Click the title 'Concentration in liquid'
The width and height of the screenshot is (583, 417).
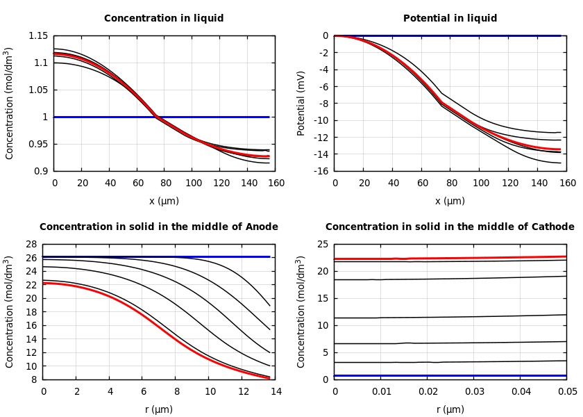tap(164, 19)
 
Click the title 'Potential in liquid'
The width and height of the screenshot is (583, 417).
tap(450, 19)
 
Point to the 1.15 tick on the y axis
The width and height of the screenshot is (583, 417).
tap(39, 35)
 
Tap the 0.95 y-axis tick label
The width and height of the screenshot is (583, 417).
tap(39, 144)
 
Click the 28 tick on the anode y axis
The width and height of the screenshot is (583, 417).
tap(30, 245)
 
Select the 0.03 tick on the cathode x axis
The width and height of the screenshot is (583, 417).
tap(474, 392)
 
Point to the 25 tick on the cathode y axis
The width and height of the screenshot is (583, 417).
tap(322, 245)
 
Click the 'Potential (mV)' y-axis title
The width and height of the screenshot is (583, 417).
tap(301, 103)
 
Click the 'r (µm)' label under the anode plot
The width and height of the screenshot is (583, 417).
tap(159, 410)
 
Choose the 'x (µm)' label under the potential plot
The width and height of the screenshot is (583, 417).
tap(450, 202)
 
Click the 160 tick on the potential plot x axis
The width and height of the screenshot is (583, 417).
tap(568, 183)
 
